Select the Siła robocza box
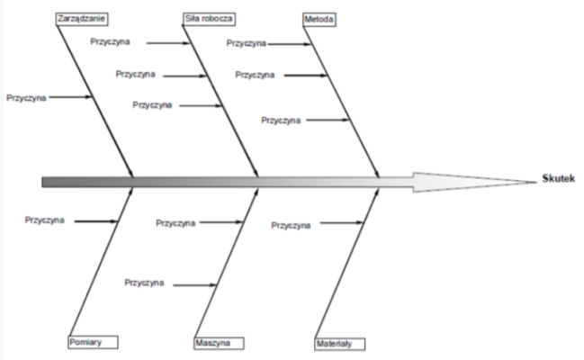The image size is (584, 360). point(206,17)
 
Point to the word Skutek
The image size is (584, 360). point(559,178)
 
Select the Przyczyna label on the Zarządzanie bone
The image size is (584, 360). point(26,96)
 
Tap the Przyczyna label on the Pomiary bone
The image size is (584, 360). point(45,220)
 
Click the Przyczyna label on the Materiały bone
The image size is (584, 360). point(291,224)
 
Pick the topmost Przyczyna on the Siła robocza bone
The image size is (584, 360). point(111,41)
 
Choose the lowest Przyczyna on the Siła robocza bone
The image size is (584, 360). point(152,104)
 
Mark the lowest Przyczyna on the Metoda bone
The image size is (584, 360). point(282,120)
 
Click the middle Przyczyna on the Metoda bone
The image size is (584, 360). point(256,75)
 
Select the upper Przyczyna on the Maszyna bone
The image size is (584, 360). point(175,222)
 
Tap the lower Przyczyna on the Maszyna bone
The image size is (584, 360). point(145,283)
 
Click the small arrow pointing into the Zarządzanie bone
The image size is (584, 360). point(70,96)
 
